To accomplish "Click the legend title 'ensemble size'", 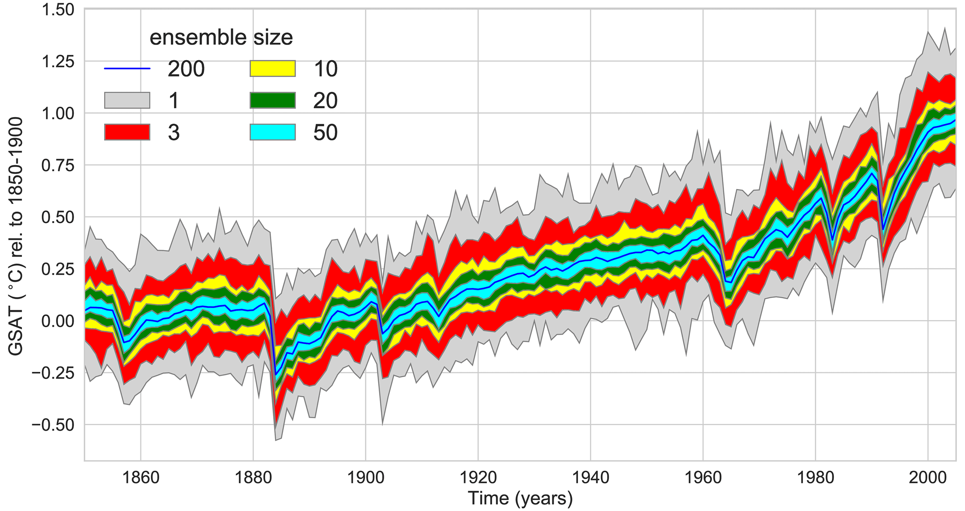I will pyautogui.click(x=221, y=38).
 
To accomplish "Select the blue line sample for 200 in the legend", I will pyautogui.click(x=127, y=69).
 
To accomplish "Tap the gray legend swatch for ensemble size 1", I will pyautogui.click(x=127, y=100).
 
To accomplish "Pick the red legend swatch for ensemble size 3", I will pyautogui.click(x=127, y=133).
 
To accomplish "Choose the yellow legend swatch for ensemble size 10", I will pyautogui.click(x=273, y=69).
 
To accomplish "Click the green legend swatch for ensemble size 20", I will pyautogui.click(x=273, y=100).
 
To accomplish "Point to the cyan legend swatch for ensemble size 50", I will pyautogui.click(x=273, y=133).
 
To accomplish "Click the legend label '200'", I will pyautogui.click(x=186, y=69).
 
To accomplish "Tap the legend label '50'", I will pyautogui.click(x=325, y=133).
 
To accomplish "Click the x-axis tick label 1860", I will pyautogui.click(x=141, y=478).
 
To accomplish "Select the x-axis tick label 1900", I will pyautogui.click(x=366, y=478).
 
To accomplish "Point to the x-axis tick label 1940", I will pyautogui.click(x=591, y=478).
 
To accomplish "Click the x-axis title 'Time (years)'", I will pyautogui.click(x=520, y=498).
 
